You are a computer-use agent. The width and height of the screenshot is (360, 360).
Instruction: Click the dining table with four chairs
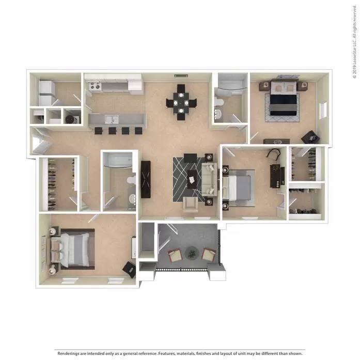(x=181, y=102)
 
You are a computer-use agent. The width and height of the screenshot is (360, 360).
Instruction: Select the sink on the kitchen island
(x=109, y=120)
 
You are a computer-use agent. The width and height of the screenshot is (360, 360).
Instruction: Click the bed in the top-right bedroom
(x=282, y=98)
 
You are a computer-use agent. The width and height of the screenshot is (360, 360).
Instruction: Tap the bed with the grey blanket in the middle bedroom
(x=238, y=187)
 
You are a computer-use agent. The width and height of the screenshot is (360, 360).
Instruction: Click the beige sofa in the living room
(x=209, y=180)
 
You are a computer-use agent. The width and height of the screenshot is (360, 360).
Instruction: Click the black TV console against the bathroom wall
(x=146, y=179)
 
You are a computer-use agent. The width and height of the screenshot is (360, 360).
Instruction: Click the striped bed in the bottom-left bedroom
(x=72, y=250)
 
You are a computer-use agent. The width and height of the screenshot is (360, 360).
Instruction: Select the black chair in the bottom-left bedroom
(x=129, y=269)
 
